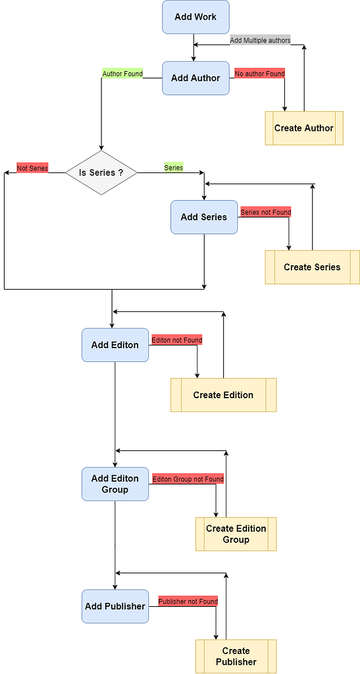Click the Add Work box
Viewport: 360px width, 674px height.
pyautogui.click(x=195, y=17)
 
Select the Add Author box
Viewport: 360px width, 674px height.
pyautogui.click(x=195, y=78)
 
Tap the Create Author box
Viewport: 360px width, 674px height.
pyautogui.click(x=303, y=128)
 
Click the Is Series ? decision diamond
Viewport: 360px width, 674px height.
pyautogui.click(x=101, y=172)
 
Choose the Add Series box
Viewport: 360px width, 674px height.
pyautogui.click(x=203, y=217)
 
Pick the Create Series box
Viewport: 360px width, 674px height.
pyautogui.click(x=312, y=267)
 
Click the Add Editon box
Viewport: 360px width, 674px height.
pyautogui.click(x=115, y=345)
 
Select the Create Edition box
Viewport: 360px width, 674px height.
pyautogui.click(x=223, y=395)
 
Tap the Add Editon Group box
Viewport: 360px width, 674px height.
pyautogui.click(x=115, y=484)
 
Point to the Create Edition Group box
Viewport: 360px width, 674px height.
pyautogui.click(x=236, y=534)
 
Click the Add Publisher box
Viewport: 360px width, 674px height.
pyautogui.click(x=115, y=606)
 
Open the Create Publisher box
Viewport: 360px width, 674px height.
pyautogui.click(x=236, y=656)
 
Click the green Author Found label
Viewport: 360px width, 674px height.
pyautogui.click(x=122, y=74)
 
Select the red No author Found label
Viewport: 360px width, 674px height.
pyautogui.click(x=260, y=74)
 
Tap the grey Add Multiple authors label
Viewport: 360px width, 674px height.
pyautogui.click(x=260, y=40)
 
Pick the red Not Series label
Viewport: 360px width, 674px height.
pyautogui.click(x=32, y=168)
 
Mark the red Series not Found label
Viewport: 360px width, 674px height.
pyautogui.click(x=265, y=212)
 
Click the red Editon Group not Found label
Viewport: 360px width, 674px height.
pyautogui.click(x=188, y=479)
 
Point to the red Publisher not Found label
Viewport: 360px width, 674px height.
pyautogui.click(x=188, y=602)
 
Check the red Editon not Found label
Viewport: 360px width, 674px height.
pyautogui.click(x=176, y=340)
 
